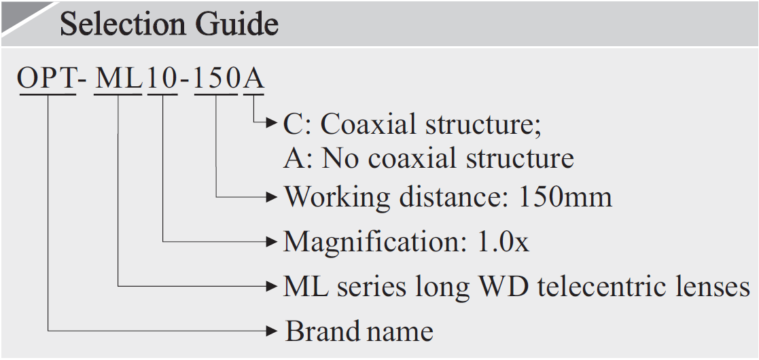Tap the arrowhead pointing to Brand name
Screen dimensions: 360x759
[272, 331]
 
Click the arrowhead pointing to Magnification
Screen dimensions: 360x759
[272, 240]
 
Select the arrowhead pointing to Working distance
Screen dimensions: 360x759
[272, 197]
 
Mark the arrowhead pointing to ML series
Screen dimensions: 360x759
[272, 286]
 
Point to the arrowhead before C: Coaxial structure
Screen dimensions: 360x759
[272, 124]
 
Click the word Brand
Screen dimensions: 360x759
[322, 331]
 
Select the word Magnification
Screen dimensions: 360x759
[366, 241]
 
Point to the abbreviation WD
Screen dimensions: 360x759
[504, 287]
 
